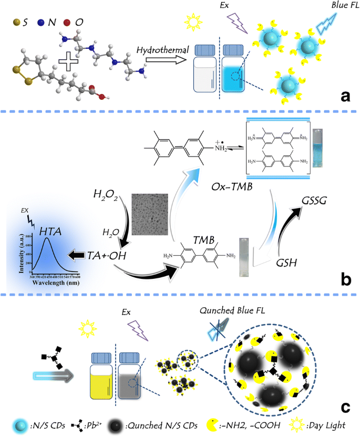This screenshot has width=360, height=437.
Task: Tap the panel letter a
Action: pyautogui.click(x=345, y=96)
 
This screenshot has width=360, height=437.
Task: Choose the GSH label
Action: pyautogui.click(x=287, y=263)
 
